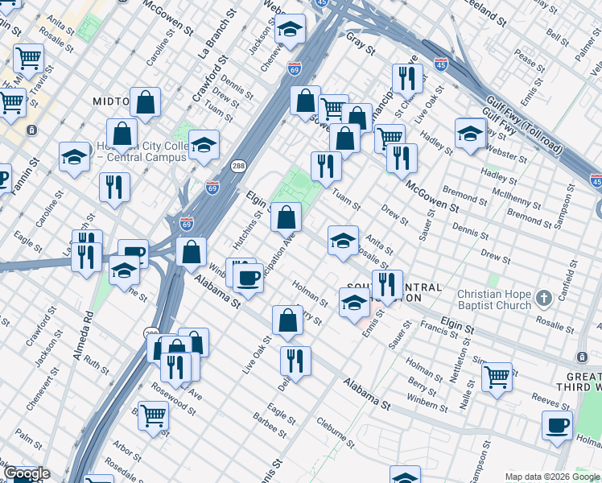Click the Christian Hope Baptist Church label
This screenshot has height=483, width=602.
tap(494, 299)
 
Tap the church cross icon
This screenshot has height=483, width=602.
tap(543, 299)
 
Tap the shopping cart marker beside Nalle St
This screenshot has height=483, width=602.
tap(497, 376)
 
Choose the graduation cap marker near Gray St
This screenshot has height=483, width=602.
tap(289, 31)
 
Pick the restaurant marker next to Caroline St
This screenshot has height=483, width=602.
tap(114, 188)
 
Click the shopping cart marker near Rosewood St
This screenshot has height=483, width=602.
tap(153, 416)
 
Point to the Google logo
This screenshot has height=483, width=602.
tap(26, 473)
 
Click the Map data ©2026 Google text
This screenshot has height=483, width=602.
tap(552, 477)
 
